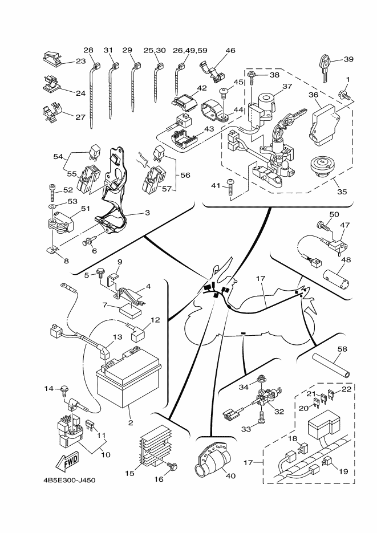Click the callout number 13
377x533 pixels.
pyautogui.click(x=117, y=337)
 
